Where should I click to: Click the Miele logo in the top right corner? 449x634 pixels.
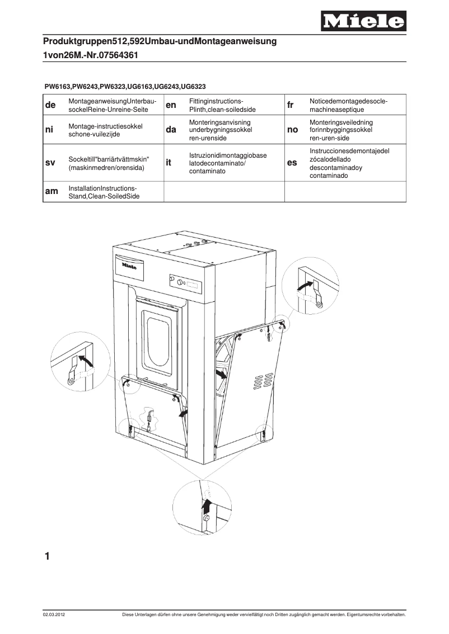click(363, 21)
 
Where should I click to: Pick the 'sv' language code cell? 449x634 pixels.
click(50, 163)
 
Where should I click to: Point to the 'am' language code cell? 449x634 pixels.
click(51, 192)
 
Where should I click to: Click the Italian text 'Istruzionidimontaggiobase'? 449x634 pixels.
click(227, 155)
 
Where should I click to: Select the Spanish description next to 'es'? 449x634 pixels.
click(349, 163)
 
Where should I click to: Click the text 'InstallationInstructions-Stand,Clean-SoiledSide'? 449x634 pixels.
click(103, 192)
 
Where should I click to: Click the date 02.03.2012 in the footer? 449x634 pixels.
click(54, 615)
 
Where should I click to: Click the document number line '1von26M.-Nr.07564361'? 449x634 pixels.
click(91, 56)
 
